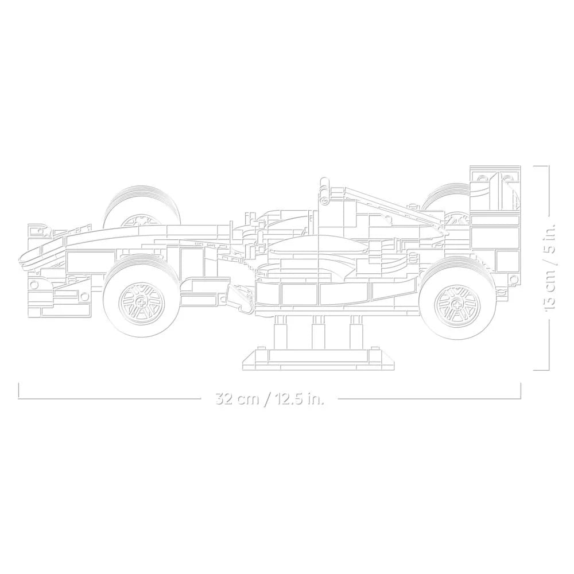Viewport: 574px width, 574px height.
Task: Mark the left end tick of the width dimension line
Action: (19, 391)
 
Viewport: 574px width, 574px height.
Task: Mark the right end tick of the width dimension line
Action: (521, 391)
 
